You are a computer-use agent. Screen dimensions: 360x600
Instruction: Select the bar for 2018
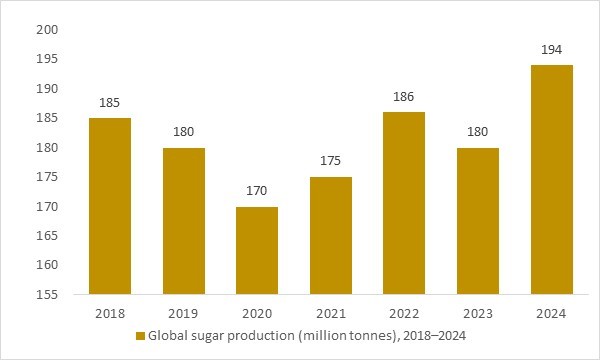109,206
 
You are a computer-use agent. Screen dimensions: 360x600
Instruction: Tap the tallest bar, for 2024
550,180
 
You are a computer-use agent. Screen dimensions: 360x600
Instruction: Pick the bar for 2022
403,203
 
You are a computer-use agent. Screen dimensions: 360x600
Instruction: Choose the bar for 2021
330,236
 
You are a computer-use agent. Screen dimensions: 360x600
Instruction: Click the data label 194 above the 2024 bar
550,49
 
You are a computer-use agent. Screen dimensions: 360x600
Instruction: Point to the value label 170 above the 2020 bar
256,191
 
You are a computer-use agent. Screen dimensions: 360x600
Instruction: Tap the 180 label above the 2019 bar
183,132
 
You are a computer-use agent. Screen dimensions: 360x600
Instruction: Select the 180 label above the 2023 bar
477,132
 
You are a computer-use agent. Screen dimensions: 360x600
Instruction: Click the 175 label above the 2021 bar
330,161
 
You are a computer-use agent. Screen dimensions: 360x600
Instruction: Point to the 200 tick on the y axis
48,30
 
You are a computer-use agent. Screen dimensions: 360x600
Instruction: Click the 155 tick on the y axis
48,295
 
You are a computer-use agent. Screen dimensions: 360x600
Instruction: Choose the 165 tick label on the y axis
48,236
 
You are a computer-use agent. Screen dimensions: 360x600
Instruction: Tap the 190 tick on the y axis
48,89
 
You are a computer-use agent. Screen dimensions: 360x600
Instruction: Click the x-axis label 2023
477,313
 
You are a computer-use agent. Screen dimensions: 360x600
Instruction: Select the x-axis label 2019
183,313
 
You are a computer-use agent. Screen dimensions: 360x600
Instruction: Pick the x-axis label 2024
550,313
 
